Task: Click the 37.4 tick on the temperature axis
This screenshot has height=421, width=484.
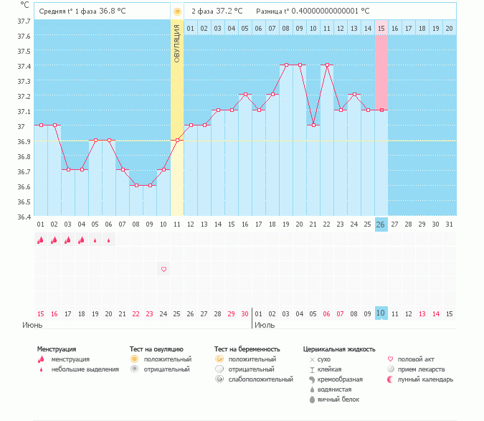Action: pos(24,66)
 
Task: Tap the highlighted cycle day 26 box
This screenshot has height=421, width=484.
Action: pos(381,224)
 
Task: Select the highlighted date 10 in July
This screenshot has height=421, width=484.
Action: pos(381,313)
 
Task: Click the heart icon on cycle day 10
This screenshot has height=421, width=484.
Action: pos(163,269)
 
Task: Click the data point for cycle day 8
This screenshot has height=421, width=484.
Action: pos(136,185)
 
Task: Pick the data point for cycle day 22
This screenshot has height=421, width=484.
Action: pos(327,65)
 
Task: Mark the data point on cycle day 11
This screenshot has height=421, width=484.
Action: pos(177,140)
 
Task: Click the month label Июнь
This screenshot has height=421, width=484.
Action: pos(32,326)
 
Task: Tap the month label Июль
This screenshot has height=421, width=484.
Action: pos(265,326)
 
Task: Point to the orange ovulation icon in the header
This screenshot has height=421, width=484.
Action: pos(177,11)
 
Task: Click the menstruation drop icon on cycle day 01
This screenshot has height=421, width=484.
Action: pos(41,240)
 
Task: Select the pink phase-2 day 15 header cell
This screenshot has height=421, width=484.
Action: pos(381,28)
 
